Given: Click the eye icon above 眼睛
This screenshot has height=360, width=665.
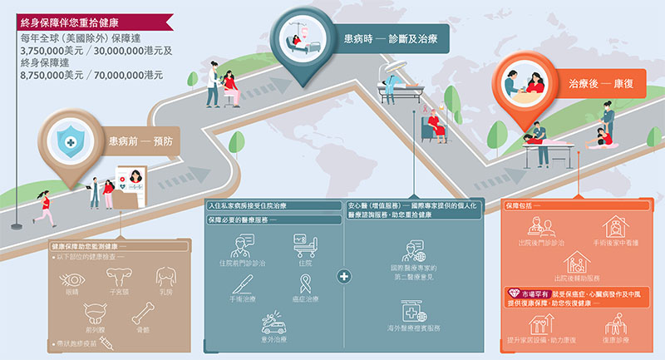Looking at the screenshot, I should click(72, 279).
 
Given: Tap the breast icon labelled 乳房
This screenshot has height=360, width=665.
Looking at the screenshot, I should click(165, 278).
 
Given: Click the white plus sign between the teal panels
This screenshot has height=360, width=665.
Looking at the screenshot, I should click(344, 275).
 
